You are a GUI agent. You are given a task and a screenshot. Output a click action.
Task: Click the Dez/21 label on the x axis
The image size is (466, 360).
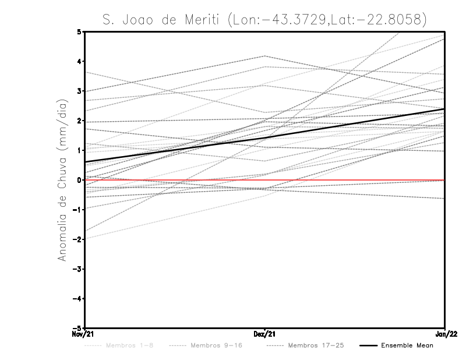tap(264, 334)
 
